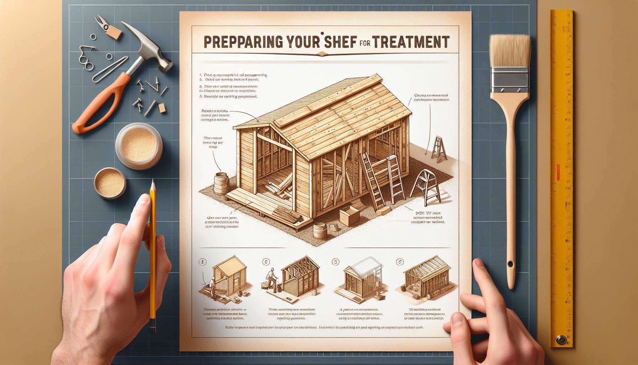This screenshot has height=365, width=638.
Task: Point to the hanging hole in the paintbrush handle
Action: pyautogui.click(x=511, y=264)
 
